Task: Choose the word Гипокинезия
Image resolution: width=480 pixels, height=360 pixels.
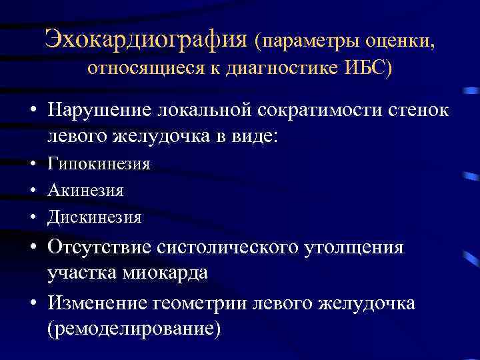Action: coord(99,164)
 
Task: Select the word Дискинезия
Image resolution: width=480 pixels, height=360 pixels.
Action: coord(95,217)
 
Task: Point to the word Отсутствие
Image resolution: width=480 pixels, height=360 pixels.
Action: coord(100,247)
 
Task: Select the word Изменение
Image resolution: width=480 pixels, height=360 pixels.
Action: coord(99,303)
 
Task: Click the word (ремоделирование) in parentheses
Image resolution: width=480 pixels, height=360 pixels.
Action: coord(133,329)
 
